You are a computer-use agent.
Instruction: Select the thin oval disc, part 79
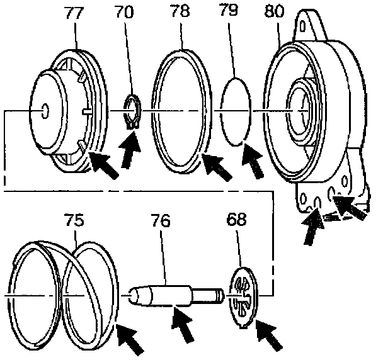pyautogui.click(x=237, y=111)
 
